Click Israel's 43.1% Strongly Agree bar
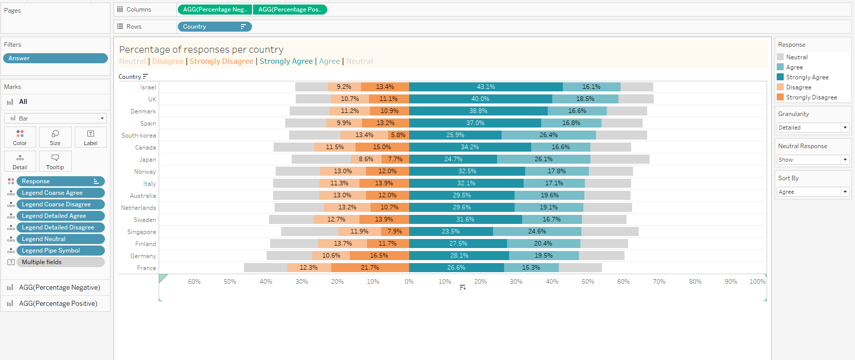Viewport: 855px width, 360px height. click(x=485, y=87)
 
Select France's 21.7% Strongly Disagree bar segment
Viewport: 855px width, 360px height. click(x=370, y=268)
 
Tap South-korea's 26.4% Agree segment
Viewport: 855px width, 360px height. click(x=548, y=135)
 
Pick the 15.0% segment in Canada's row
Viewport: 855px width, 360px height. click(x=382, y=147)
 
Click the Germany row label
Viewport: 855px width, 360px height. click(x=143, y=256)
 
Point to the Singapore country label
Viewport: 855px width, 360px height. click(x=142, y=232)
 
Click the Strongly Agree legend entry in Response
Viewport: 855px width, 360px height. click(x=807, y=77)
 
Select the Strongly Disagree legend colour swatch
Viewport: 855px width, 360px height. click(x=780, y=97)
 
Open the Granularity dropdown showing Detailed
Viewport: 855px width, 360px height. click(x=813, y=128)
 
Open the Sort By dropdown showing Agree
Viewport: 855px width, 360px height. click(x=813, y=192)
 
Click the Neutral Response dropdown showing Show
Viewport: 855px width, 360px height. click(x=813, y=160)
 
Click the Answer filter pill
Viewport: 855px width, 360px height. click(x=55, y=58)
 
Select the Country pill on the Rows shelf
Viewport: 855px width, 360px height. click(x=214, y=27)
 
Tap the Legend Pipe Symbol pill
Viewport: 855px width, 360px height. click(x=60, y=251)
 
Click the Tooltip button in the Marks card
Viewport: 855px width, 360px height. click(x=55, y=161)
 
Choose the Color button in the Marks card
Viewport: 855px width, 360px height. click(x=20, y=137)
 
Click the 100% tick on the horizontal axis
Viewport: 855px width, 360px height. click(x=757, y=282)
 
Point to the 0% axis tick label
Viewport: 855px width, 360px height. click(x=409, y=282)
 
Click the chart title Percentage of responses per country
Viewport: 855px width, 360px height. click(x=201, y=50)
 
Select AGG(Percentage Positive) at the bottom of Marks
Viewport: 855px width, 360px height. click(x=58, y=304)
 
